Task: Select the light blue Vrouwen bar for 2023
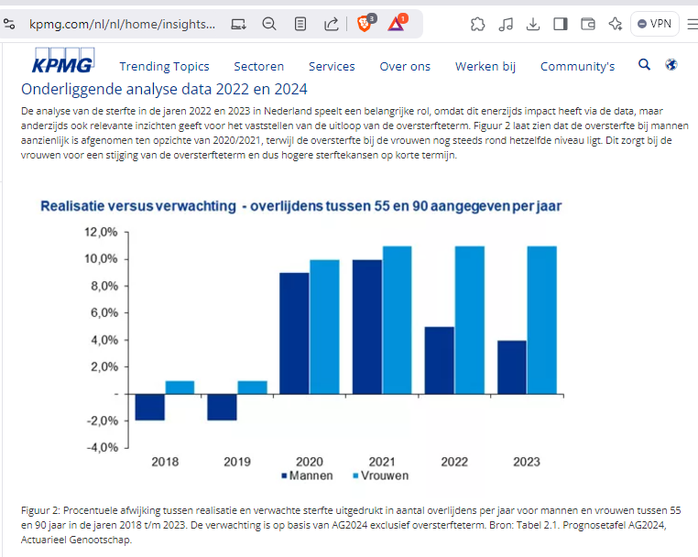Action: point(541,321)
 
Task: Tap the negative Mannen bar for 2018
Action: point(150,408)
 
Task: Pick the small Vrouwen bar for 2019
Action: point(252,388)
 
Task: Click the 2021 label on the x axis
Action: point(381,461)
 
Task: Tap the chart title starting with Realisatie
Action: point(300,206)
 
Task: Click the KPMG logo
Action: point(62,65)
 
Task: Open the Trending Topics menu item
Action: point(164,66)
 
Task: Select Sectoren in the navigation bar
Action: point(258,66)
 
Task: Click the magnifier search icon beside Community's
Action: point(644,65)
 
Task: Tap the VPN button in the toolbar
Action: point(655,24)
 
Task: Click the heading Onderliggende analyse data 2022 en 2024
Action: point(164,89)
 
